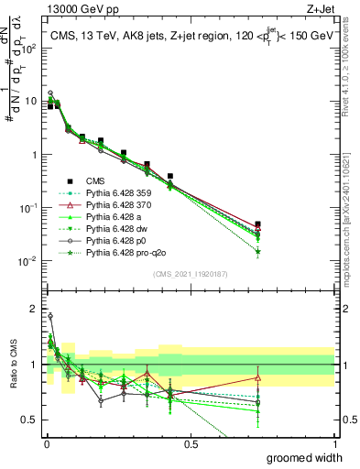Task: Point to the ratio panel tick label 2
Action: pyautogui.click(x=35, y=308)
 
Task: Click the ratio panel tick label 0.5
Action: pyautogui.click(x=30, y=421)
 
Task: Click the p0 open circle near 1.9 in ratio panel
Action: pyautogui.click(x=50, y=316)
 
